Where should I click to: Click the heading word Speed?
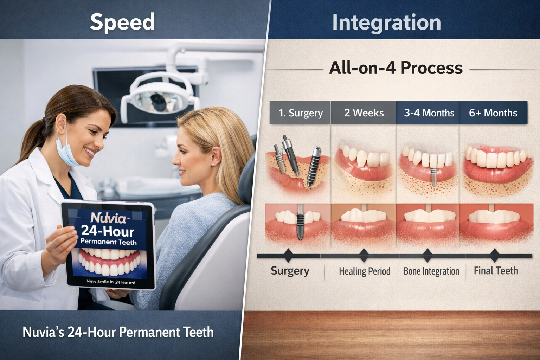(122, 22)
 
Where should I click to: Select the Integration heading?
(386, 22)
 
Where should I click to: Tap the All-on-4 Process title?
(396, 68)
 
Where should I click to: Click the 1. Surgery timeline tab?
(300, 113)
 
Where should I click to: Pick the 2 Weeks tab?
(364, 113)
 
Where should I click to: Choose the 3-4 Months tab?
(429, 113)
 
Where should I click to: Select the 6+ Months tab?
(493, 113)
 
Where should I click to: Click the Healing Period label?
(365, 271)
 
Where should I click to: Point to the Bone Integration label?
(431, 271)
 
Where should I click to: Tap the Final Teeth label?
(496, 270)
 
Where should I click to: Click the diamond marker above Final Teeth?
(494, 255)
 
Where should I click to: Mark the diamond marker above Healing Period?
(364, 255)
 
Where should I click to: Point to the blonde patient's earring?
(213, 164)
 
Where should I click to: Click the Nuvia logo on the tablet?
(108, 218)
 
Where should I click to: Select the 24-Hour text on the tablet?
(108, 231)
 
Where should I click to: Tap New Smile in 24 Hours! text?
(111, 282)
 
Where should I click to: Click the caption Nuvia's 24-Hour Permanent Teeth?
(118, 332)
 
